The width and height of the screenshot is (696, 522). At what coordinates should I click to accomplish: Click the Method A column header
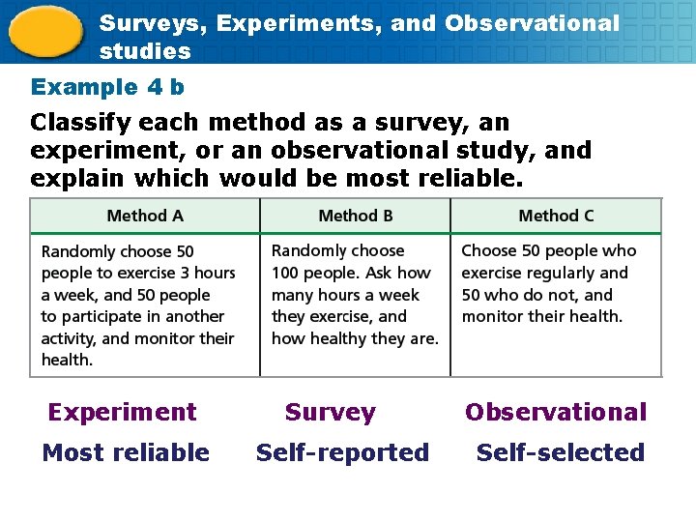point(145,216)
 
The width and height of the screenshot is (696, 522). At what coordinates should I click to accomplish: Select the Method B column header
point(355,216)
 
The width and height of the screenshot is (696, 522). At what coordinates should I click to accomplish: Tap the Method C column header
point(556,216)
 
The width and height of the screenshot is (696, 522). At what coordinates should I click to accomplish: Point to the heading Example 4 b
point(107,87)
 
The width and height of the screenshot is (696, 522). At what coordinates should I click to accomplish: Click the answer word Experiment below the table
point(122,412)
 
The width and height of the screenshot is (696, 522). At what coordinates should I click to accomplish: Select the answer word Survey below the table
point(330,412)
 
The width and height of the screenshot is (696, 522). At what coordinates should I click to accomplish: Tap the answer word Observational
point(556,412)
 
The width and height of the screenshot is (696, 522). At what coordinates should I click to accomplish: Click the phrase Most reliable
point(126,452)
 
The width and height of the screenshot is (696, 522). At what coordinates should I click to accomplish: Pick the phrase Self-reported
point(342,452)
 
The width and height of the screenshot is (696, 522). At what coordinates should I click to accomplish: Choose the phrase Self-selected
point(561,452)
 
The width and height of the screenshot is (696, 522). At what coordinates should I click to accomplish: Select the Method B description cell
point(355,295)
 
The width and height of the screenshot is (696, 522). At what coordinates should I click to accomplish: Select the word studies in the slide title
point(145,50)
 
